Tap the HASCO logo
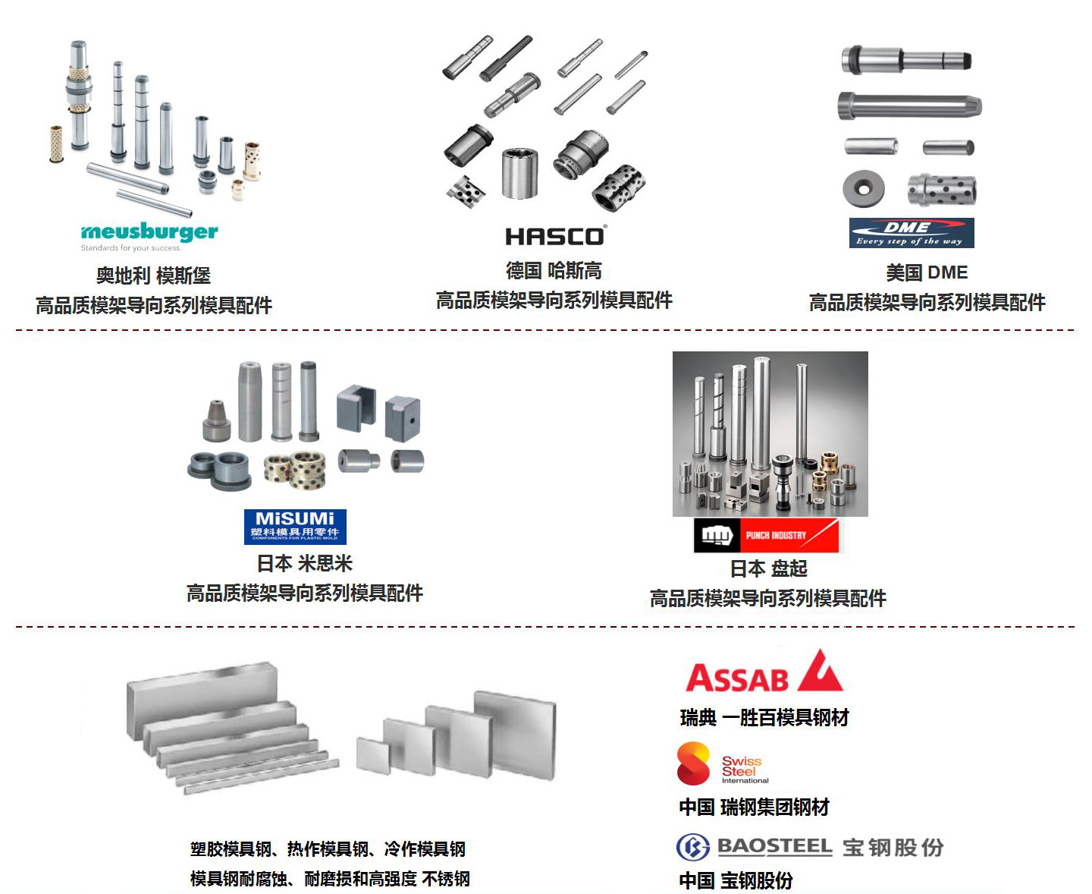pyautogui.click(x=555, y=237)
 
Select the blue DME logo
pyautogui.click(x=911, y=233)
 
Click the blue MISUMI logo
pyautogui.click(x=295, y=526)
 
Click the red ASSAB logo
pyautogui.click(x=763, y=672)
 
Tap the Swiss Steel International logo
pyautogui.click(x=722, y=764)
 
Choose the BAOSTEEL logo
pyautogui.click(x=809, y=847)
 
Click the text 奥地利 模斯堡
pyautogui.click(x=153, y=275)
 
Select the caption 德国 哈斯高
pyautogui.click(x=554, y=271)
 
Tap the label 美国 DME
pyautogui.click(x=927, y=272)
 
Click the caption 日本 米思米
pyautogui.click(x=304, y=564)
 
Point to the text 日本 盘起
pyautogui.click(x=768, y=568)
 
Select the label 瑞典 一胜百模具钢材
pyautogui.click(x=764, y=718)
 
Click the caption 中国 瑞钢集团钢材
pyautogui.click(x=754, y=807)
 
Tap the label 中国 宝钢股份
pyautogui.click(x=736, y=880)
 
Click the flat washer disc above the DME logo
pyautogui.click(x=863, y=187)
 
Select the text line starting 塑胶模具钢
pyautogui.click(x=328, y=849)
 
